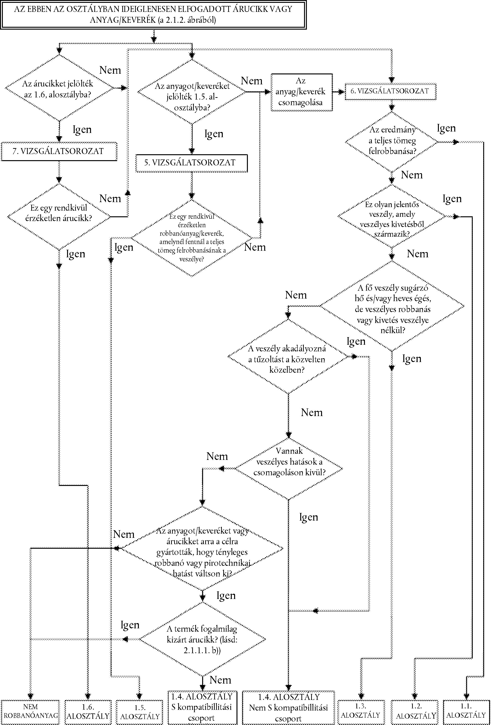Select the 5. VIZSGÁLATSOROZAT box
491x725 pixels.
(191, 163)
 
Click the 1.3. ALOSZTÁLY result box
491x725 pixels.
(361, 711)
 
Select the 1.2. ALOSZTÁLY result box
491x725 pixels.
(416, 711)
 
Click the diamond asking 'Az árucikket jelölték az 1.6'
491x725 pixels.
(59, 88)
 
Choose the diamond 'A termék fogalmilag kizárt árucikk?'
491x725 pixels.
(202, 639)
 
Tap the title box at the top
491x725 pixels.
(153, 15)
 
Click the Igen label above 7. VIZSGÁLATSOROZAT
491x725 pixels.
(82, 129)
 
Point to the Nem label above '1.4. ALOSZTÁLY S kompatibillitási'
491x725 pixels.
(220, 680)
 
